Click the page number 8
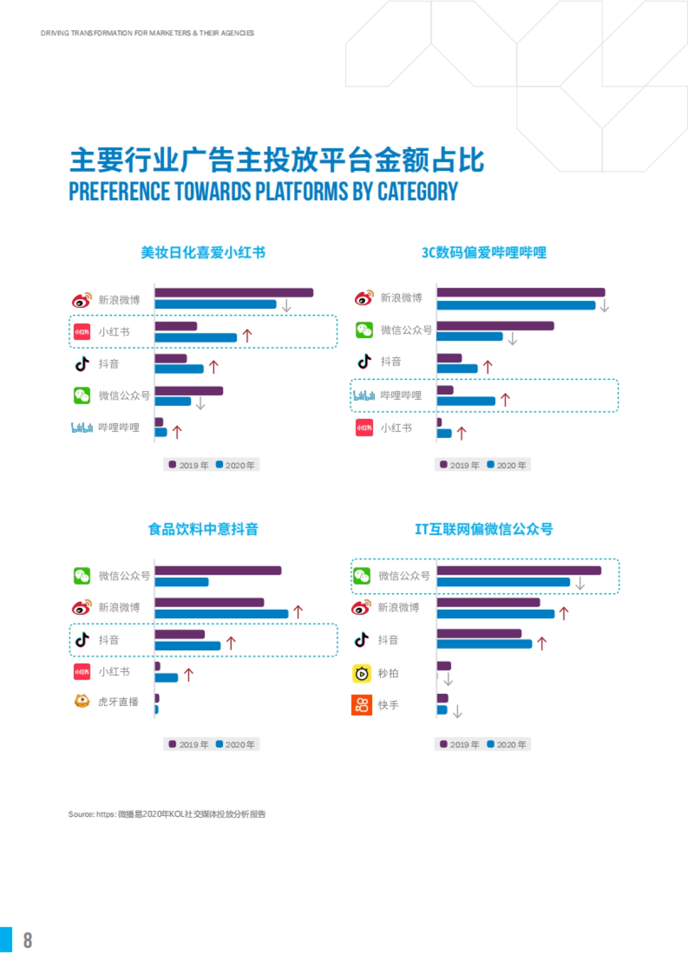coord(28,940)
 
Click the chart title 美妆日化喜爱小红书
coord(203,253)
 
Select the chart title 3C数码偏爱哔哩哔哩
coord(484,253)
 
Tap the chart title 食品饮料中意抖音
coord(203,529)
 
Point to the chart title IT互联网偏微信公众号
coord(484,529)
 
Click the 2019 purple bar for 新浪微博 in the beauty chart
coord(234,293)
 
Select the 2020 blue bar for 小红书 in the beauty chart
coord(196,338)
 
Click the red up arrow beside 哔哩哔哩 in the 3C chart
coord(505,399)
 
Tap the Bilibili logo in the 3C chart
coord(363,395)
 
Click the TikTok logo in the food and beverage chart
coord(82,639)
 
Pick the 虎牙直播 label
coord(118,702)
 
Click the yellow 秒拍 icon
coord(361,673)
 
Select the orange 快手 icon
coord(361,705)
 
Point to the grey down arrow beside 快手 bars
coord(457,712)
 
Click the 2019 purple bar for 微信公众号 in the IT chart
coord(519,571)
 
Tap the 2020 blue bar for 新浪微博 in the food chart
coord(221,614)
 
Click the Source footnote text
coord(167,814)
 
